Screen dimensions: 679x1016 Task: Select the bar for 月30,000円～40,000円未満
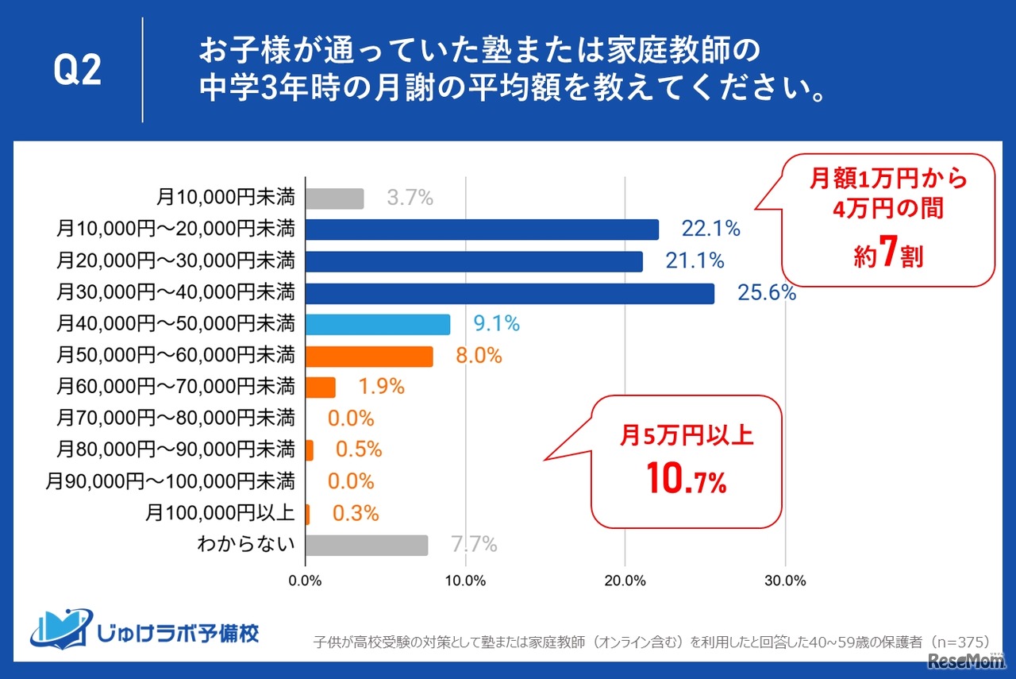coord(510,294)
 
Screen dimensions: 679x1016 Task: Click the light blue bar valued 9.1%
coord(378,325)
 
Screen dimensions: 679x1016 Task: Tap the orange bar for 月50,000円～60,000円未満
coord(369,357)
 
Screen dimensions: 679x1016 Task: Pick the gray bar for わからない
coord(367,546)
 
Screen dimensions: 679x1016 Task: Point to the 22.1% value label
coord(710,230)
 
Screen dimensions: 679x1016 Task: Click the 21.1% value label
coord(695,260)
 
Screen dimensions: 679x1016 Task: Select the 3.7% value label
coord(410,199)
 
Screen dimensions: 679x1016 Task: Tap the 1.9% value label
coord(381,388)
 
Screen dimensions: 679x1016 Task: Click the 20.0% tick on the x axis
coord(625,581)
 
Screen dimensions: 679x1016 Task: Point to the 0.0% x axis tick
coord(306,581)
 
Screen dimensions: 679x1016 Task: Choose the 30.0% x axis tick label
coord(785,581)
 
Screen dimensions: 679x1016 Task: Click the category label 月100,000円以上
coord(221,514)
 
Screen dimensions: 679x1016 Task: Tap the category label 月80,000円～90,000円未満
coord(175,450)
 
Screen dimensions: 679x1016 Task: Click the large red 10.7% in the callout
coord(687,481)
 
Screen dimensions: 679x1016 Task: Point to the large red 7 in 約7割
coord(888,255)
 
